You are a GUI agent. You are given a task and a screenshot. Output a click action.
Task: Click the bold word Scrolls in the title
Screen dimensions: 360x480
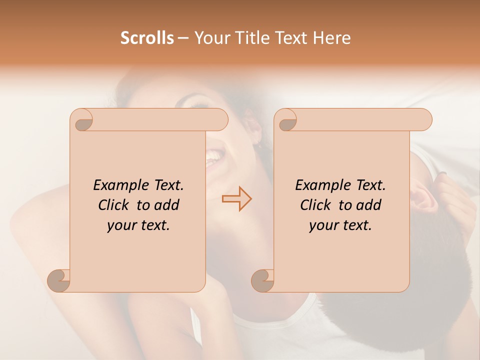click(x=147, y=38)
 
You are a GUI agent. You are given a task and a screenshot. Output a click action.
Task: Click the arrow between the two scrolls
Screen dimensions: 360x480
click(x=236, y=199)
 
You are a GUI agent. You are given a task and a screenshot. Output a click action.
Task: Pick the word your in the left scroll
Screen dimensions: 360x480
click(x=121, y=225)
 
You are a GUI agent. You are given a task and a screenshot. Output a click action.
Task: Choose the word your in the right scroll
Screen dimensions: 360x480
click(x=323, y=225)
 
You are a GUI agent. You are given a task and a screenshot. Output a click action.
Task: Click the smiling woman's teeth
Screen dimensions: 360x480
click(x=214, y=156)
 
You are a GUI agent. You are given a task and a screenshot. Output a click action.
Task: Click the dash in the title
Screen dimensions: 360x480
click(x=183, y=38)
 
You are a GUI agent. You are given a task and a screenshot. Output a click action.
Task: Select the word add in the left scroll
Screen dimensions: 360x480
click(x=167, y=205)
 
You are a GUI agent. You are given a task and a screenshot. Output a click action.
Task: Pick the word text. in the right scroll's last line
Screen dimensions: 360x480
click(x=355, y=225)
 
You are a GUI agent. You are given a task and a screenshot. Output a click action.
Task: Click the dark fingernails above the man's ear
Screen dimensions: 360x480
click(x=442, y=174)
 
